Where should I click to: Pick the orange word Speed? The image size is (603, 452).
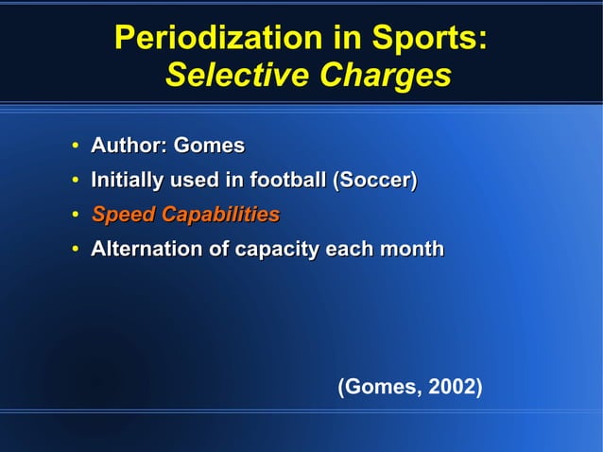tap(124, 215)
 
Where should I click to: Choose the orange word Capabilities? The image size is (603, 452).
tap(220, 215)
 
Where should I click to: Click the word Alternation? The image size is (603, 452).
tap(143, 250)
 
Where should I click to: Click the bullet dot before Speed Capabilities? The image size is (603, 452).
tap(74, 216)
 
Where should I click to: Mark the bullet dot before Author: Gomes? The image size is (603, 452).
tap(74, 147)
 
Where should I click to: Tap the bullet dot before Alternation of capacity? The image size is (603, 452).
tap(74, 251)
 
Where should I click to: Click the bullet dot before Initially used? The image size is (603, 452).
tap(74, 181)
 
